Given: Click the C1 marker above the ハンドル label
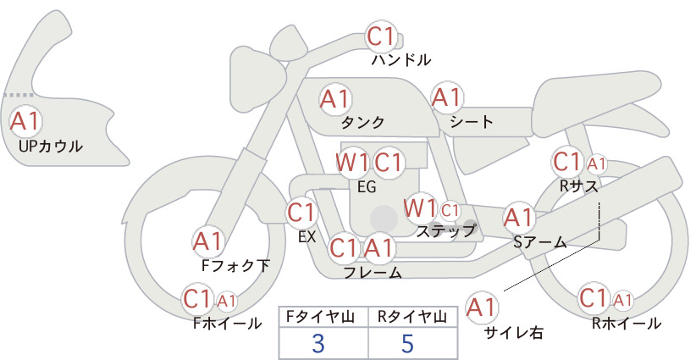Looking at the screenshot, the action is (381, 36).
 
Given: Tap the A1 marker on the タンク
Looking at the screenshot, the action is (335, 99).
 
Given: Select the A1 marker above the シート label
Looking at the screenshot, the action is (447, 97).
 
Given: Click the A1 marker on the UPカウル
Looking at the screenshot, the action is (25, 121).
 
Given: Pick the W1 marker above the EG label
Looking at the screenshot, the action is (351, 163).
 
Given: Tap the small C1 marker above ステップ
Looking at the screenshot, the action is (450, 210).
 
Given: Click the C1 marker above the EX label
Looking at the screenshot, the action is (301, 212).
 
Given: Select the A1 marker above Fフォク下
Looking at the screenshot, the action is (207, 241).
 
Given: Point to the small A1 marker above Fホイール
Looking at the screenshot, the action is (226, 302).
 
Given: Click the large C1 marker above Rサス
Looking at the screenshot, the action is (567, 162).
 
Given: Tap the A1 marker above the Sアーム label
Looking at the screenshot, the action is (518, 218).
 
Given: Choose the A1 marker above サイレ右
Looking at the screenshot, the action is (481, 307).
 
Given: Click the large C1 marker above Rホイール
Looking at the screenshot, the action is (594, 298).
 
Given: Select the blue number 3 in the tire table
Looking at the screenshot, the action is (318, 344).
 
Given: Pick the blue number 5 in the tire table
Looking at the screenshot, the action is (407, 344).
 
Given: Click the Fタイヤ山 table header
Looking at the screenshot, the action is (320, 317).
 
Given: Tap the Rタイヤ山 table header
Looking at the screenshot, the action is (412, 317).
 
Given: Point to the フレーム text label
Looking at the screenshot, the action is (373, 273).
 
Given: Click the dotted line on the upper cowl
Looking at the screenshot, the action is (19, 95).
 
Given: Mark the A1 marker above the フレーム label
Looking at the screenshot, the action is (379, 247).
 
